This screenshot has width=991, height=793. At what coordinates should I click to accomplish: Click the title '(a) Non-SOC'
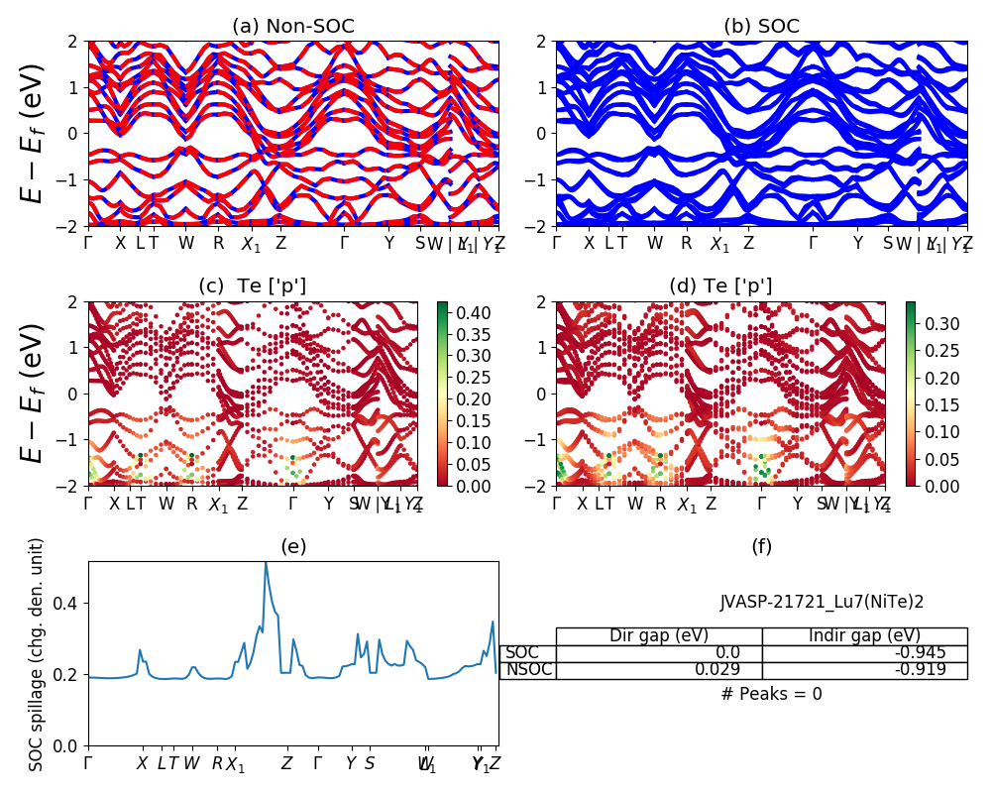292,27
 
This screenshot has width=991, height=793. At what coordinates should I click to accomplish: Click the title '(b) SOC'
761,27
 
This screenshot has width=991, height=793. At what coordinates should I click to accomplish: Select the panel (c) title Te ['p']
253,286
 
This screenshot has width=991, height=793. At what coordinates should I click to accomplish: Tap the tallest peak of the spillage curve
266,563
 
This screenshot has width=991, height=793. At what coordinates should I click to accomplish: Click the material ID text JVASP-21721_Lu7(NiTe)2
822,601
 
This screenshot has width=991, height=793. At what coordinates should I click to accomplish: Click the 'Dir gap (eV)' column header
659,635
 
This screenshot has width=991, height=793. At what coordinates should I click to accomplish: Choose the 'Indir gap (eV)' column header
864,635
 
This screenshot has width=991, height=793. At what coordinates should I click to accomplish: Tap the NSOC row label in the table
527,669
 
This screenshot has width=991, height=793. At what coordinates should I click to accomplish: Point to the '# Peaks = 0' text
772,694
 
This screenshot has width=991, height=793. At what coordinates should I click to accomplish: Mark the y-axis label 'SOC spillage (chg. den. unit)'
37,654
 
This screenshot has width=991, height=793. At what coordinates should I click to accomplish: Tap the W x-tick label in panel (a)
186,243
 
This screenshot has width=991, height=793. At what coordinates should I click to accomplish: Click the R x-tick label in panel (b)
686,243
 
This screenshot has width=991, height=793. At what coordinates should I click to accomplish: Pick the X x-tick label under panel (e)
142,763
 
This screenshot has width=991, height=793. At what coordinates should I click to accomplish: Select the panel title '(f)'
761,546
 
